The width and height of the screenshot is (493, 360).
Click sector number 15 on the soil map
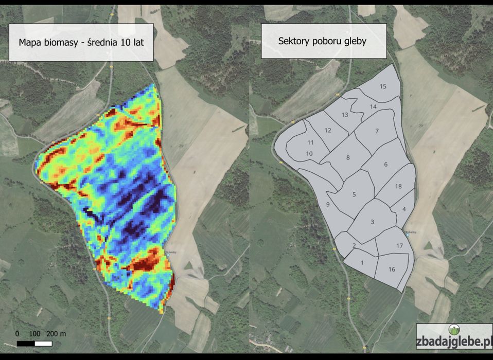pos(383,86)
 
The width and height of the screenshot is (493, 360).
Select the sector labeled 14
pos(373,106)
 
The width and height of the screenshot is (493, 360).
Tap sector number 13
pos(344,115)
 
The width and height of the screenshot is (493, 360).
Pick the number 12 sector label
pos(328,131)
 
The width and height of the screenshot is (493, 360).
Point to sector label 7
pos(377,132)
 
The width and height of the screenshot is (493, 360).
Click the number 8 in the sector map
pos(348,158)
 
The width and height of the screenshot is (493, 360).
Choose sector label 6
pos(385,165)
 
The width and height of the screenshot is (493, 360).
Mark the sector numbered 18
pos(398,187)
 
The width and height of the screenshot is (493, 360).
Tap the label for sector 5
pos(354,194)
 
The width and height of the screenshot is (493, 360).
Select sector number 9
pos(327,205)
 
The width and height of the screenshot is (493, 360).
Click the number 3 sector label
pos(372,222)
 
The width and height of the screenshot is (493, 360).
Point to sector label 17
pos(399,246)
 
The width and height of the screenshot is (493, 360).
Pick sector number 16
pos(392,269)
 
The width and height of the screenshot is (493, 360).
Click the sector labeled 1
pos(362,263)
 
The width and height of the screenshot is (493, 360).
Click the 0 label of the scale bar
pos(17,334)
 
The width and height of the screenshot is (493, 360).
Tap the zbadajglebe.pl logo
pos(453,337)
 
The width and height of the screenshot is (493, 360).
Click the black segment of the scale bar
pos(26,343)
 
